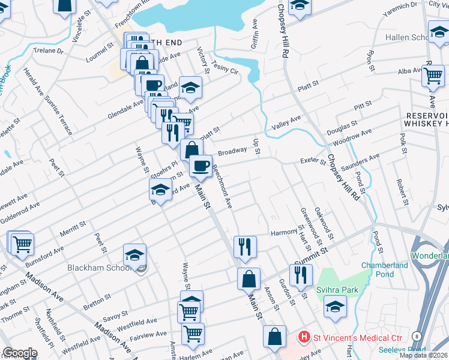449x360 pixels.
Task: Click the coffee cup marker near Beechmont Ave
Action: pos(200,165)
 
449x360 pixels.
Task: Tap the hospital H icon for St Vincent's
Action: pos(304,337)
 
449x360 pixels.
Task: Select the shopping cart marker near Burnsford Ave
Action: pos(23,244)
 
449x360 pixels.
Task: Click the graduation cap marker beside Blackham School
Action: pos(134,255)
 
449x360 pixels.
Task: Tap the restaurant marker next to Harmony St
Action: pos(245,245)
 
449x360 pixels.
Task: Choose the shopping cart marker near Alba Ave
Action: pos(433,76)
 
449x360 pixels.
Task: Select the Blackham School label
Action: pos(100,268)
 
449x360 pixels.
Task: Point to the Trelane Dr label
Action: pos(49,51)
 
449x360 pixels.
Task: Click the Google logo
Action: pos(20,353)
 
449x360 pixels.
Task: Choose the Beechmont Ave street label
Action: pos(221,188)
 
